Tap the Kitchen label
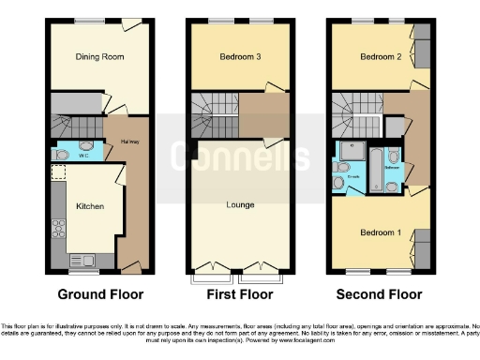tap(90, 206)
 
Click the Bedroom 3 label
tap(240, 56)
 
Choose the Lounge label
tap(240, 203)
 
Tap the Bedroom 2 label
tap(380, 56)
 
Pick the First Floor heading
tap(240, 294)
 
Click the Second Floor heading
tap(381, 294)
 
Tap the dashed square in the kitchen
tap(58, 172)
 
